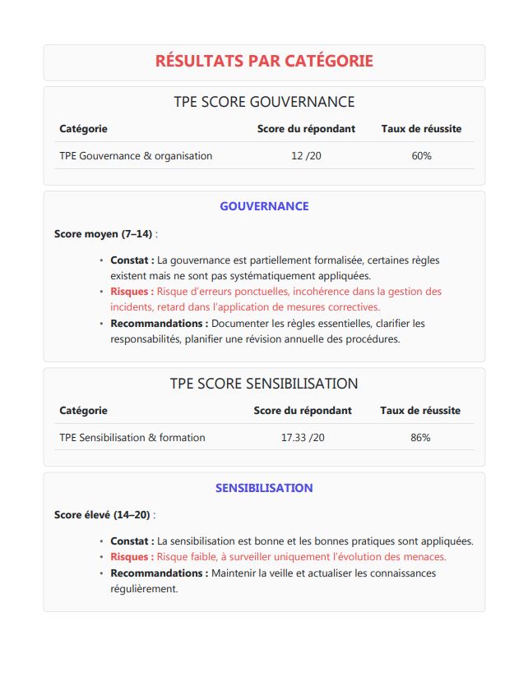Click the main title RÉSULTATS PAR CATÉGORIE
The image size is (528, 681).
[x=264, y=62]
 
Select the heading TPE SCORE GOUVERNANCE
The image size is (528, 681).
[x=264, y=102]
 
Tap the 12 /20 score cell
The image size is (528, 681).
[x=307, y=156]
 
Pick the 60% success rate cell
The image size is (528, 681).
[x=421, y=156]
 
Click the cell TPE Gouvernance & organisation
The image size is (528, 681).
[x=136, y=156]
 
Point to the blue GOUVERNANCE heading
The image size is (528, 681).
[x=264, y=206]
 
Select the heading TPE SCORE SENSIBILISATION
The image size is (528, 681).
[x=264, y=384]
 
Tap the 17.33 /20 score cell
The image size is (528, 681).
[x=303, y=438]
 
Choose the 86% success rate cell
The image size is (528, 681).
[x=420, y=438]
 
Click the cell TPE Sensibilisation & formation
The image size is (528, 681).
[x=132, y=438]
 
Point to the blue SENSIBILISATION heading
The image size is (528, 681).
[x=264, y=488]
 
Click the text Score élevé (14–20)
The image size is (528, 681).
[x=103, y=515]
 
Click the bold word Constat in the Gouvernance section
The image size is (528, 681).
[x=132, y=260]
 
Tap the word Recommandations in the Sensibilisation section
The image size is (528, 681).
[x=159, y=573]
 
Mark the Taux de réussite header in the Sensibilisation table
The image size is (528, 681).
[x=420, y=411]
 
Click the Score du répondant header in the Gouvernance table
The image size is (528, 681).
[x=306, y=129]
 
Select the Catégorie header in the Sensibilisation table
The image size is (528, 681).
[x=83, y=411]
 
